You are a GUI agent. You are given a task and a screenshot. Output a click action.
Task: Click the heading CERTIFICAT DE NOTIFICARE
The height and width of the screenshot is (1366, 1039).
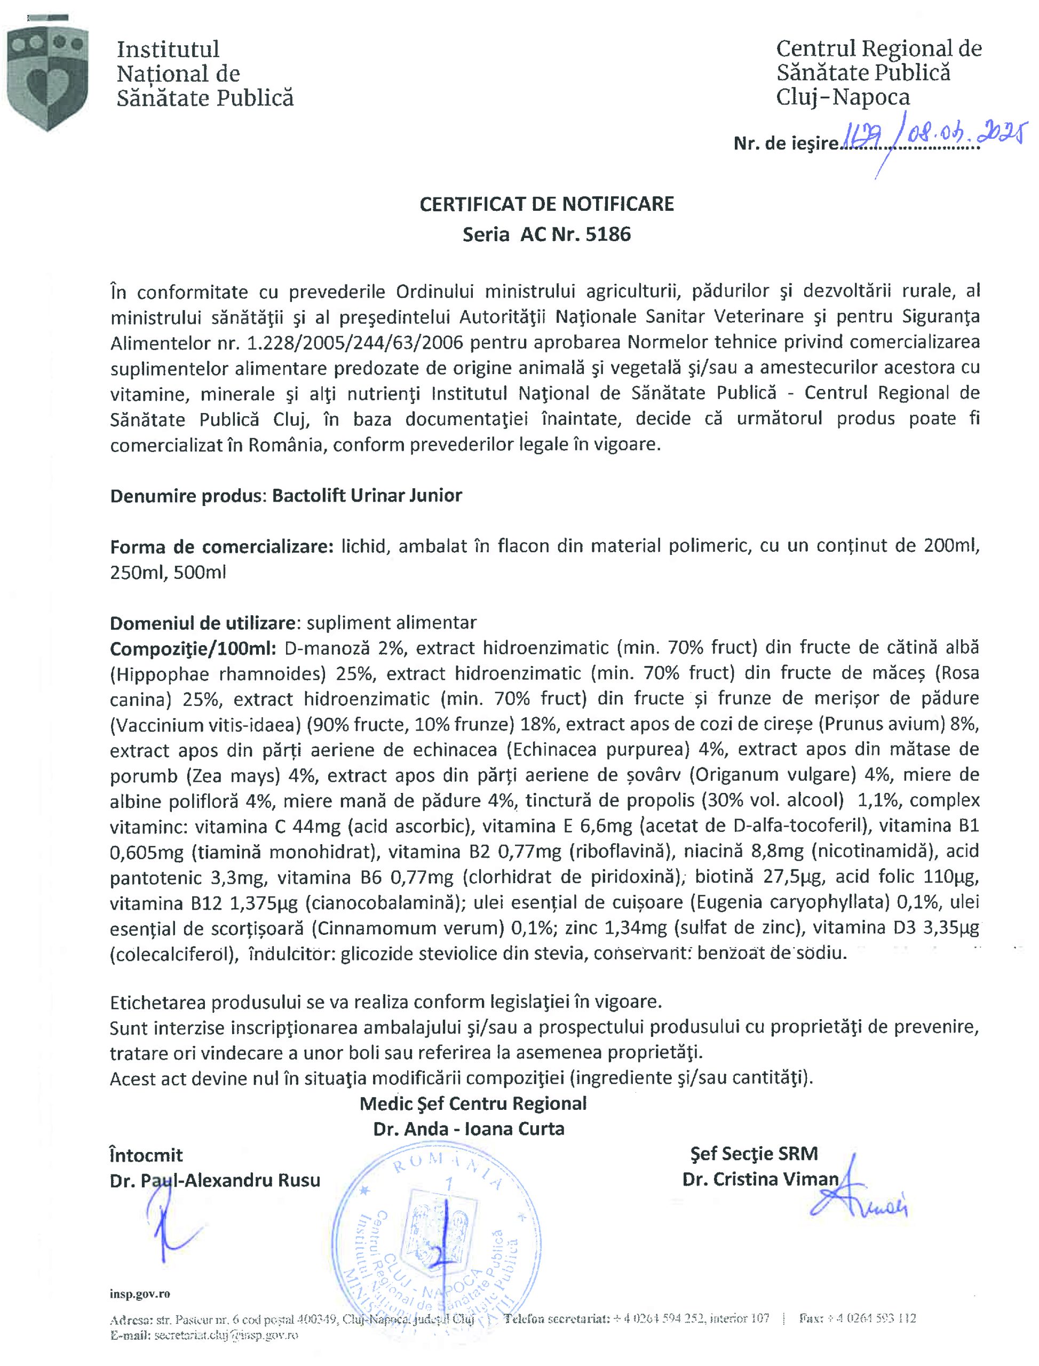[x=546, y=205]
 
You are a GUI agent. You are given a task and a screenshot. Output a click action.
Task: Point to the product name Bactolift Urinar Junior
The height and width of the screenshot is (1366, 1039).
[x=367, y=496]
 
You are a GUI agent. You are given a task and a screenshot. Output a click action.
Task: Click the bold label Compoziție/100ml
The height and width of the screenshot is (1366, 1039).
[x=192, y=648]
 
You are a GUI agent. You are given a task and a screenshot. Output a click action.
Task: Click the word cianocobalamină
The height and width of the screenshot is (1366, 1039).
[x=384, y=903]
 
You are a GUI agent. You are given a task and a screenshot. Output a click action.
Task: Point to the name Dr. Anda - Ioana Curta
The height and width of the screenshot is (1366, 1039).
[x=468, y=1129]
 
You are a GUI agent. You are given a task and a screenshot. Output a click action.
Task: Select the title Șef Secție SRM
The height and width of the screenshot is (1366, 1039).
[x=754, y=1154]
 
